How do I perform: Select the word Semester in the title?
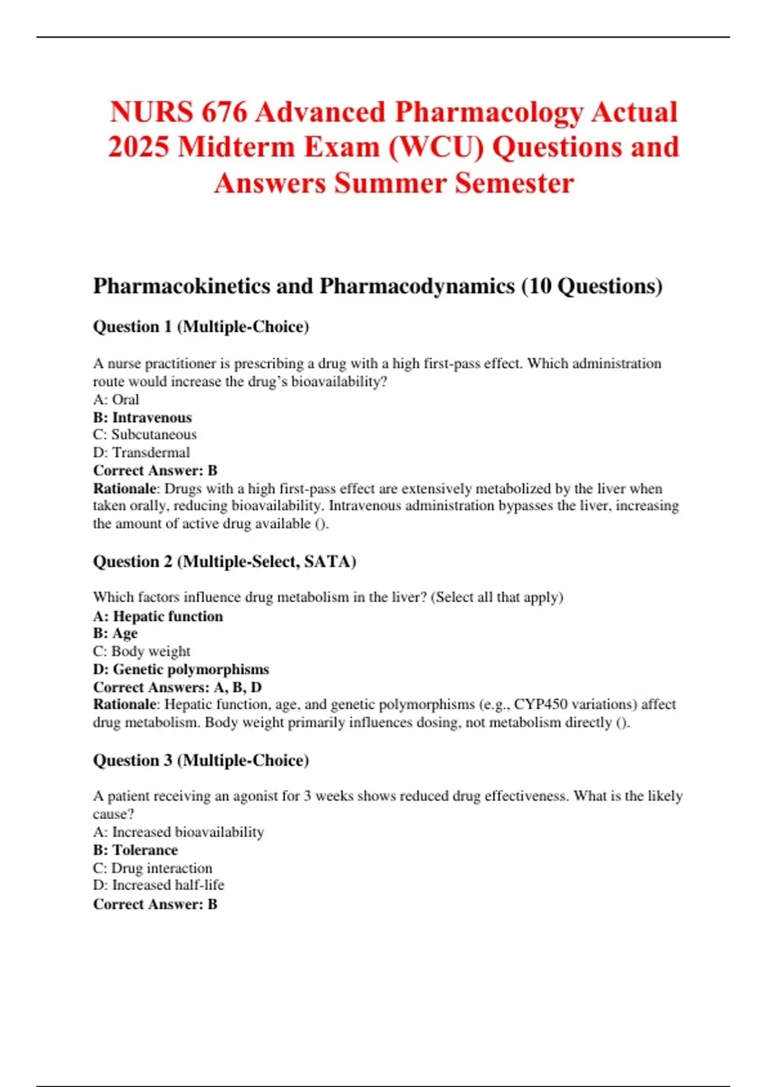point(515,184)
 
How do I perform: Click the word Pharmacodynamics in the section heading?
point(417,286)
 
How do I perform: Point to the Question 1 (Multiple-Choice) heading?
point(201,327)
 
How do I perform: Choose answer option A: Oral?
point(116,400)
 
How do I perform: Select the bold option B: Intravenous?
point(142,418)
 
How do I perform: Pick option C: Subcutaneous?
point(144,435)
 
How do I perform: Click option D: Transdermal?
point(141,453)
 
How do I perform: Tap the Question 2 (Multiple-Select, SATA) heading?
point(224,561)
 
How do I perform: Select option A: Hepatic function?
point(158,616)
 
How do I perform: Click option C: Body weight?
point(141,652)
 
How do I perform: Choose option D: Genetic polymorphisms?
point(181,669)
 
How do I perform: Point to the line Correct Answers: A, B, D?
point(177,687)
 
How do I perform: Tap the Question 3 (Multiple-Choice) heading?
point(201,760)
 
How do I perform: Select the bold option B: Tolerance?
point(135,850)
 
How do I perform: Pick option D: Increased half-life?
point(159,886)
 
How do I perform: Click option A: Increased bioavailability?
point(178,833)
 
